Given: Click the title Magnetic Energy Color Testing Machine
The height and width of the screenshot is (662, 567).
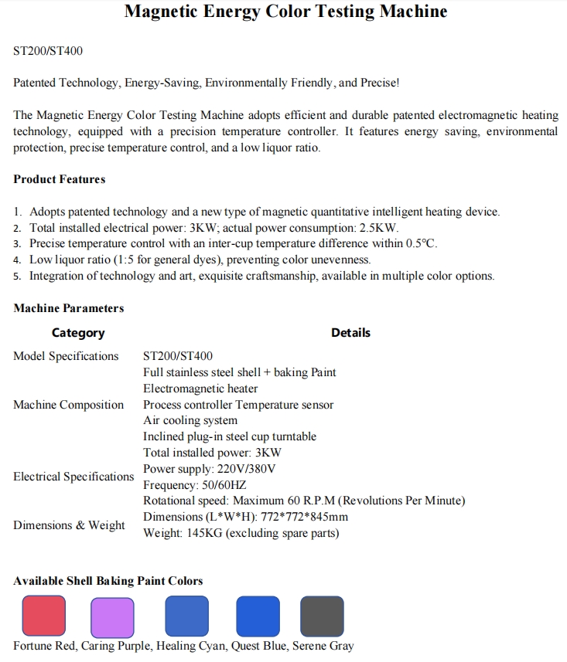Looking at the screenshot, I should coord(285,12).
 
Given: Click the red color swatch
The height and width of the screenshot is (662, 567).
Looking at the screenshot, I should coord(44,616).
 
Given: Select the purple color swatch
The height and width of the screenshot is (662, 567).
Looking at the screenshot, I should coord(113,616).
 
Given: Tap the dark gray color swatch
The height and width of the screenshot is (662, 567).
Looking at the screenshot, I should coord(322,616).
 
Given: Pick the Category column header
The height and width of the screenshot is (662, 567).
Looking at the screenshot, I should coord(78,333).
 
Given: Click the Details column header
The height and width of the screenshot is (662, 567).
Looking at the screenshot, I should coord(350,333).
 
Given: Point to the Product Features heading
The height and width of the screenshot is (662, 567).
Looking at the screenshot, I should coord(60,179).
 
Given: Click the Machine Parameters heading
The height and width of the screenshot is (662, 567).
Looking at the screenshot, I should coord(69,308).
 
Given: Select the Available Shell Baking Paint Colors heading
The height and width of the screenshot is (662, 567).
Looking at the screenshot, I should coord(108,581).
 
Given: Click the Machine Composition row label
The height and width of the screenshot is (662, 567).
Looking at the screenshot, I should coord(68,405).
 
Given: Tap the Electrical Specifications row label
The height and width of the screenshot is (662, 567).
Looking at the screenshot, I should coord(73,477).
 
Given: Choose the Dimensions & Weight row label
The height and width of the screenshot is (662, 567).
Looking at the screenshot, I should coord(69,525).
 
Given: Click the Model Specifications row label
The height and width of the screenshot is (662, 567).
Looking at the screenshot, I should coord(66,356).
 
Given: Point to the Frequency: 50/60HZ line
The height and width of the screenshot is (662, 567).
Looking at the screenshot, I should coord(194,485).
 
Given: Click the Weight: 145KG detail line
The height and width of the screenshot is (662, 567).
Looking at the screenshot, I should coord(241,533).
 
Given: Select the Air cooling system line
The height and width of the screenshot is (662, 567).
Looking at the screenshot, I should coord(190,421).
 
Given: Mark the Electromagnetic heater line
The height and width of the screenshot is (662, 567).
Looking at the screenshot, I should coord(200,389).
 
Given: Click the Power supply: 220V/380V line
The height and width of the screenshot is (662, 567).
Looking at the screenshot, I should coord(210,469).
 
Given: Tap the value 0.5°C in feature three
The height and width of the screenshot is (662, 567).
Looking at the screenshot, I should coord(421,243).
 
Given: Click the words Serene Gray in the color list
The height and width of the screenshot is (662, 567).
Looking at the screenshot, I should coord(323,646).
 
